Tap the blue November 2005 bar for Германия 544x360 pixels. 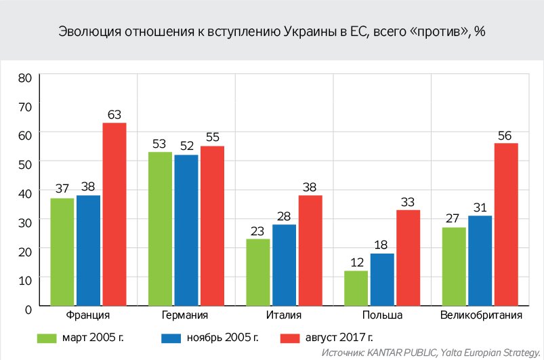(186, 231)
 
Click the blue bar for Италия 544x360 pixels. (285, 265)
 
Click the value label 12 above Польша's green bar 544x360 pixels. (356, 262)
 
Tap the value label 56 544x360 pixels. (505, 135)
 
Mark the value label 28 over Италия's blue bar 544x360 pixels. (285, 216)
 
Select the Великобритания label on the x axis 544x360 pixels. (481, 316)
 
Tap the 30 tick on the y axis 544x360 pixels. (25, 221)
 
